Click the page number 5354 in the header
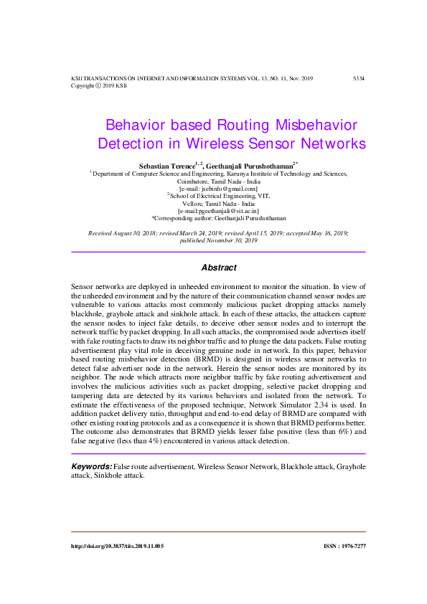pyautogui.click(x=359, y=77)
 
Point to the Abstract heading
pyautogui.click(x=218, y=268)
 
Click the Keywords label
pyautogui.click(x=91, y=467)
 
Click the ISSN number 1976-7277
pyautogui.click(x=345, y=546)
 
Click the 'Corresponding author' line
pyautogui.click(x=218, y=217)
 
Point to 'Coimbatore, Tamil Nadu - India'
pyautogui.click(x=218, y=181)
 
